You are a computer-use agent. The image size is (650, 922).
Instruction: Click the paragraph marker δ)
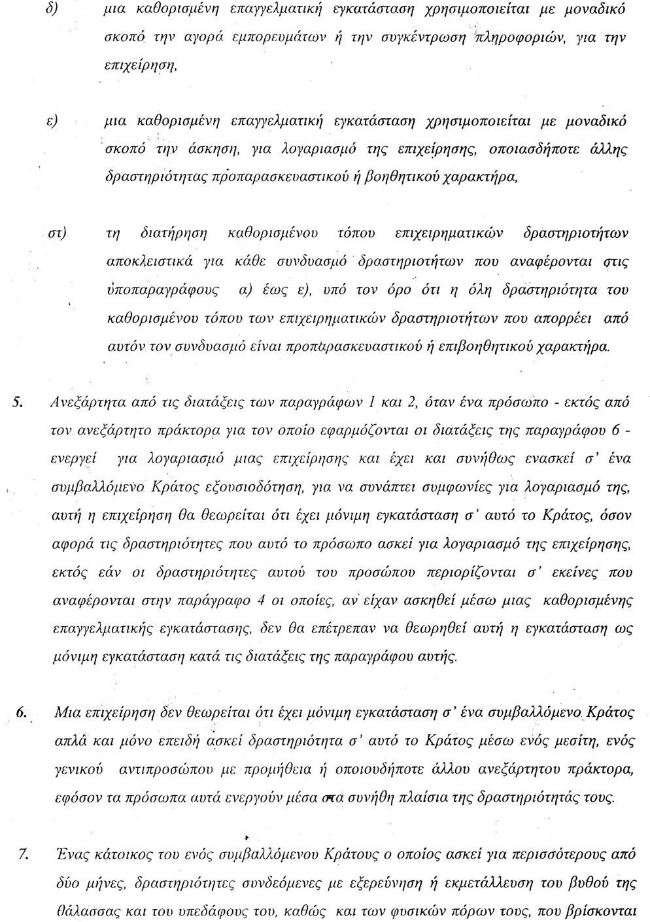point(48,12)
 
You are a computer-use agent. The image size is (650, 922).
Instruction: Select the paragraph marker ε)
point(49,122)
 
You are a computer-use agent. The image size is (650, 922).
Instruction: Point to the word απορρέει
point(563,319)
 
